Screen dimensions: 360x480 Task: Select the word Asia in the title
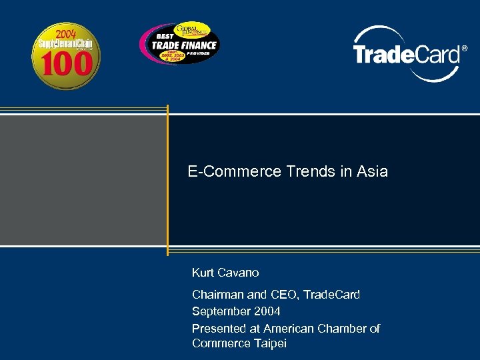(372, 171)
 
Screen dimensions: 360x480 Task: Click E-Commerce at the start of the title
(235, 171)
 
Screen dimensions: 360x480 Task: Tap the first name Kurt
(203, 273)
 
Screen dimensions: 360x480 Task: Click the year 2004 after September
(268, 311)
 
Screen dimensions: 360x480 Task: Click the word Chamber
(343, 328)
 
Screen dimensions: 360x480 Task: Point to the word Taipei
(270, 343)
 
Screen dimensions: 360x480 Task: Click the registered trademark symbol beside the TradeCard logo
(465, 49)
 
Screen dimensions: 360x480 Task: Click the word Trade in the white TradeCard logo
(381, 54)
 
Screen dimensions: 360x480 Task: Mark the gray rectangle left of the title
(83, 180)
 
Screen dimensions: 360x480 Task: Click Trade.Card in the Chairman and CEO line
(331, 295)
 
